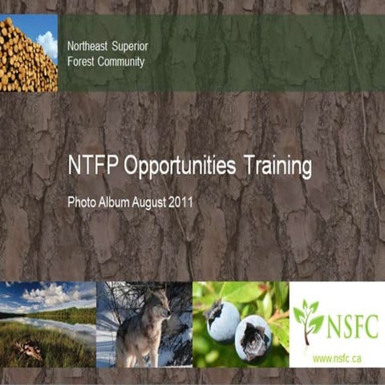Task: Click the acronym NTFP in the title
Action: pos(91,168)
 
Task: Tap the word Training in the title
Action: pos(278,168)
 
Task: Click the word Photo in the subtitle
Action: pos(80,203)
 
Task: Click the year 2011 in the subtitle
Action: pos(181,203)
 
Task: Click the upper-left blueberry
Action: pos(223,321)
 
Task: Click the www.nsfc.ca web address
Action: pos(335,359)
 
